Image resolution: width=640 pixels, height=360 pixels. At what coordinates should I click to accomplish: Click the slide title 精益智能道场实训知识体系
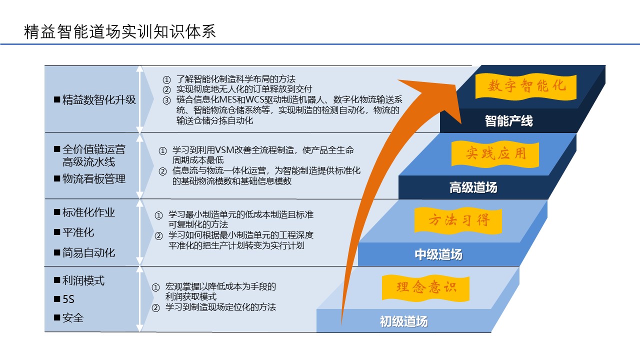click(x=119, y=31)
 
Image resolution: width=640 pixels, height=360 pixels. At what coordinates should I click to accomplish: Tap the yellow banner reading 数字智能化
click(x=526, y=86)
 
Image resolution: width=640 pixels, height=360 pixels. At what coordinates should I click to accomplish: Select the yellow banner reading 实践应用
click(x=495, y=154)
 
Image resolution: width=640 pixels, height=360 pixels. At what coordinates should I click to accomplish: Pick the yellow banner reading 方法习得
click(x=458, y=221)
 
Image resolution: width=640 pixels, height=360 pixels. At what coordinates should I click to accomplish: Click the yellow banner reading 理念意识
click(x=425, y=288)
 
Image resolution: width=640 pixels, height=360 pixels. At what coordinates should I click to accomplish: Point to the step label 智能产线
click(x=508, y=121)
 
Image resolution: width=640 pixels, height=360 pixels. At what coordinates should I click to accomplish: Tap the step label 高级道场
click(x=473, y=187)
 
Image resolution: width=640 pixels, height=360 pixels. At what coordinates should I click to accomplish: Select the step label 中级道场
click(x=438, y=254)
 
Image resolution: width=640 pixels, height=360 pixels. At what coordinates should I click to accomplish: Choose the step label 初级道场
click(x=403, y=321)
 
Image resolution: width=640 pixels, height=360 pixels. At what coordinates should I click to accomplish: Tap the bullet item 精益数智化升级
click(x=95, y=100)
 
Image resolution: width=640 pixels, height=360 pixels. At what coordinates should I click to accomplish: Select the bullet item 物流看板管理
click(x=89, y=179)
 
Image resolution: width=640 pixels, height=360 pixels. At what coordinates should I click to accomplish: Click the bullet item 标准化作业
click(x=84, y=212)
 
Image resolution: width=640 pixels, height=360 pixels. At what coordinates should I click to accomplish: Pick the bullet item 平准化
click(x=74, y=232)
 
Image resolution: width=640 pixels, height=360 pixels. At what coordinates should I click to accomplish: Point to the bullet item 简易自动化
click(x=84, y=253)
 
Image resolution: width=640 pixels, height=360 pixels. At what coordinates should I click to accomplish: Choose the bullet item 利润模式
click(x=79, y=280)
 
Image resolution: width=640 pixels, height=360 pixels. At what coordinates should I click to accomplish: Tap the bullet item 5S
click(x=64, y=299)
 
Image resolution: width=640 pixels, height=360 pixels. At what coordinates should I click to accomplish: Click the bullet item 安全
click(x=68, y=318)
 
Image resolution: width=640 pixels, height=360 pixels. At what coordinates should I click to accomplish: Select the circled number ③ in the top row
click(x=166, y=100)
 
